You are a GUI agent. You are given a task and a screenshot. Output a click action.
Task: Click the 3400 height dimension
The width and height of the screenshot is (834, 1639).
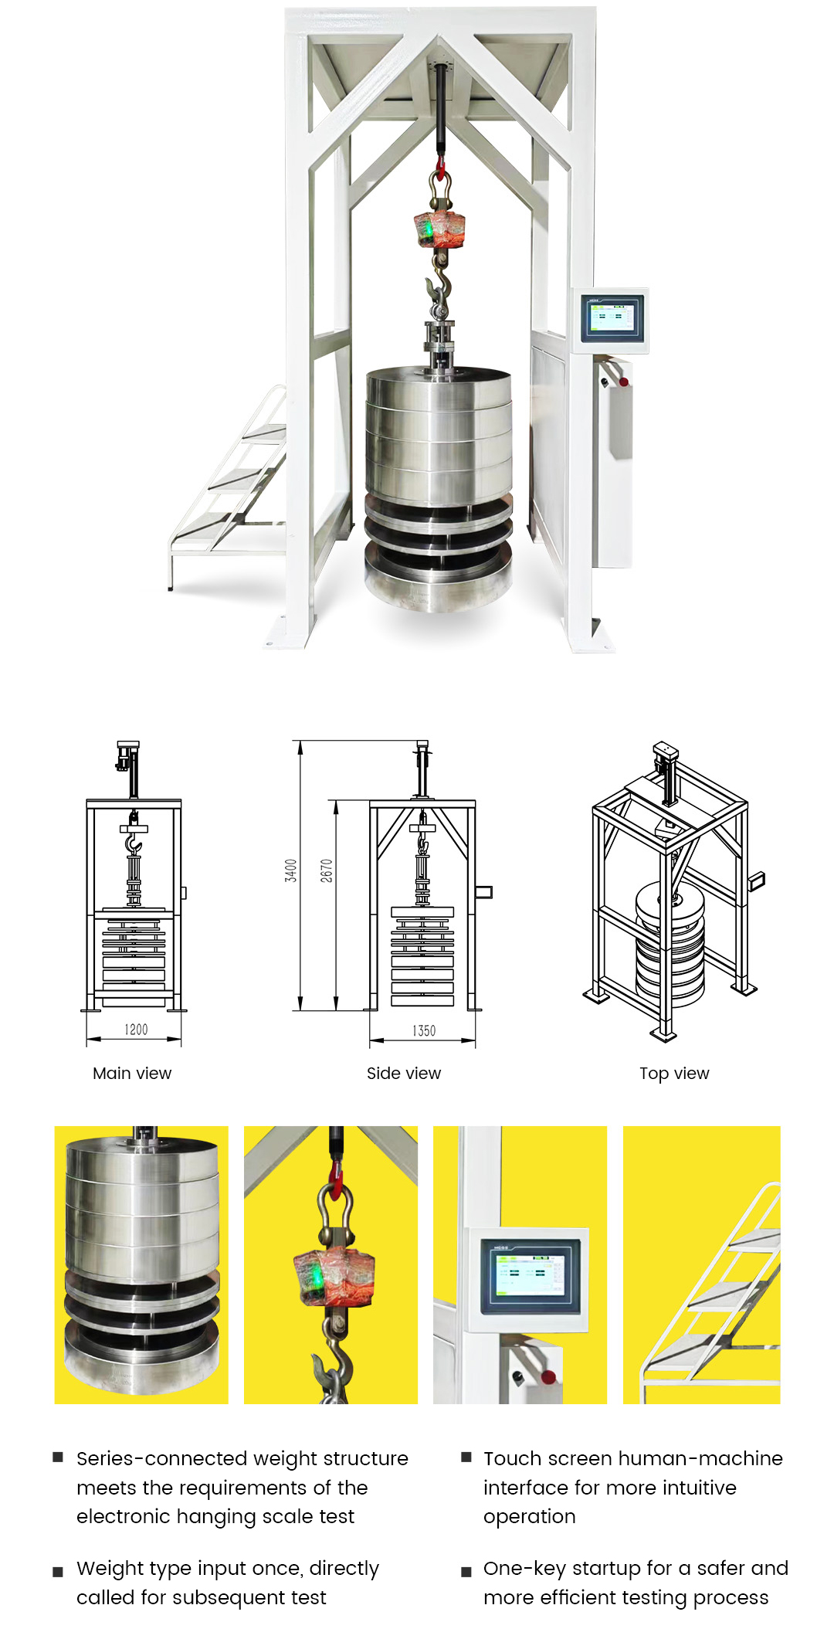coord(290,870)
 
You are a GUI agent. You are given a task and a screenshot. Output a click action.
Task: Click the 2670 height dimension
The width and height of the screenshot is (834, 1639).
coord(327,870)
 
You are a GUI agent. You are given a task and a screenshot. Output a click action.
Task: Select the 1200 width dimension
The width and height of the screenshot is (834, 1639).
coord(136,1030)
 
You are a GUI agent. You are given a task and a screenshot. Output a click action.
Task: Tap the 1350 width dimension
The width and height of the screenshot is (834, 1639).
coord(424,1030)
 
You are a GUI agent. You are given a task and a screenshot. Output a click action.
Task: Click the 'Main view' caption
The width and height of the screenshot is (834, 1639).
coord(132,1073)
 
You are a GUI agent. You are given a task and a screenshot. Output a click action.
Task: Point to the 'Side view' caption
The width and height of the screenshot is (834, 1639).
coord(404,1073)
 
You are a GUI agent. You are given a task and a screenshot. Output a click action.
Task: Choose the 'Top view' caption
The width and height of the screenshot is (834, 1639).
coord(674,1074)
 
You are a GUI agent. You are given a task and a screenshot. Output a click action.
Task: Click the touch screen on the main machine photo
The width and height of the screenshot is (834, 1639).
coord(611,317)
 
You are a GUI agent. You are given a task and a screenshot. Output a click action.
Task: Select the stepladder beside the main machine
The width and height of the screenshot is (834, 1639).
coord(229,487)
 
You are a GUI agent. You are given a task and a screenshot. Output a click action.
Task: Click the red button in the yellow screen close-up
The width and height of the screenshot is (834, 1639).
coord(548,1376)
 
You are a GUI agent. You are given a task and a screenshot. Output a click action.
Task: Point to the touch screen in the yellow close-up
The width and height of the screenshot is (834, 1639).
coord(530,1276)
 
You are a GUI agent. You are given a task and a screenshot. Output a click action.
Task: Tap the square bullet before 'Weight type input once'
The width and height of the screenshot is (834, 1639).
coord(58,1572)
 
